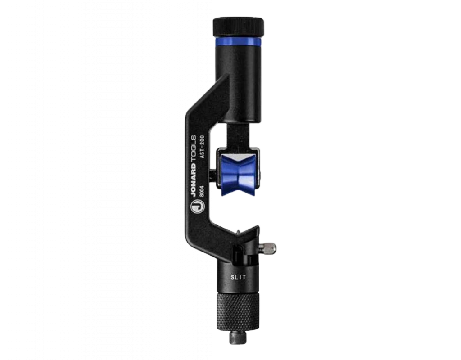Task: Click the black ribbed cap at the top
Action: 238,27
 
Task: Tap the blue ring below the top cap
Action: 238,41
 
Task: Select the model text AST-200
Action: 202,147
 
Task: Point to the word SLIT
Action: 238,277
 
